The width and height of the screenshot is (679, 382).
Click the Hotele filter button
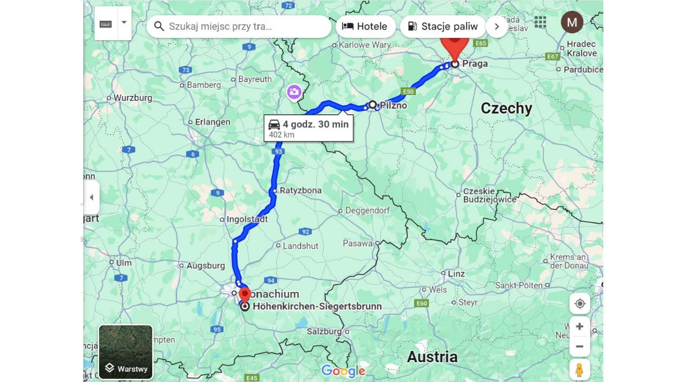pos(365,27)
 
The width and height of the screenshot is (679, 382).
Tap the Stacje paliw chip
pos(442,27)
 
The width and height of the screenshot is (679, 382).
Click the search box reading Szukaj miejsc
pos(238,27)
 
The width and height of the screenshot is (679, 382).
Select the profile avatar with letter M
pos(571,23)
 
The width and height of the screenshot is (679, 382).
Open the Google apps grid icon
pos(540,22)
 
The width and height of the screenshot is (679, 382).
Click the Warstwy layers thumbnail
pos(126,352)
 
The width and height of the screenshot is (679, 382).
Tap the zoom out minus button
pos(579,346)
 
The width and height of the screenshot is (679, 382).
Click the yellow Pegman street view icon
pos(579,370)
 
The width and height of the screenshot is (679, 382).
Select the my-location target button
pos(579,304)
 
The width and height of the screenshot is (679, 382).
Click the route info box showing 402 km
pos(308,128)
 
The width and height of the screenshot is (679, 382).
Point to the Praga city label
pos(475,64)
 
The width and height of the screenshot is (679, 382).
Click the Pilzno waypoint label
pos(393,106)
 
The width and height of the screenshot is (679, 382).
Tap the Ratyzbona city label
pos(300,191)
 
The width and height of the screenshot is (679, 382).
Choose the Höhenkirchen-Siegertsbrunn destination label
pos(317,307)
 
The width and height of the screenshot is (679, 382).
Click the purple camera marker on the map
pos(294,92)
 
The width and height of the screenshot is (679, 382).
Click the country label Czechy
pos(506,109)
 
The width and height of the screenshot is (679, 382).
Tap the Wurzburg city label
pos(133,98)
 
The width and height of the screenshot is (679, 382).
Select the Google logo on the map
pos(343,371)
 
